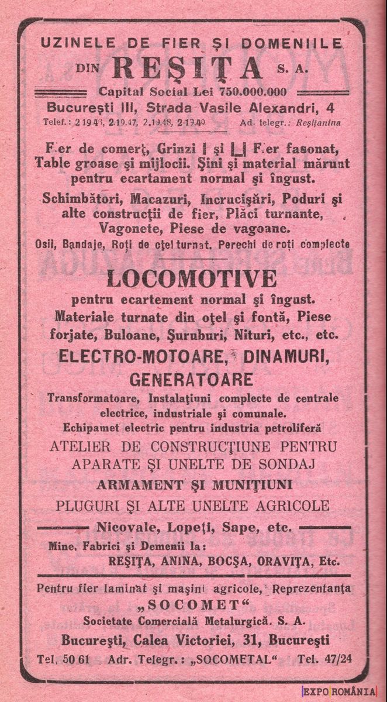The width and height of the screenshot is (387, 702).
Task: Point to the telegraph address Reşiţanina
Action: pyautogui.click(x=318, y=123)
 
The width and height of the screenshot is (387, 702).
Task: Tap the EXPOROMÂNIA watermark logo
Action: pyautogui.click(x=338, y=691)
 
